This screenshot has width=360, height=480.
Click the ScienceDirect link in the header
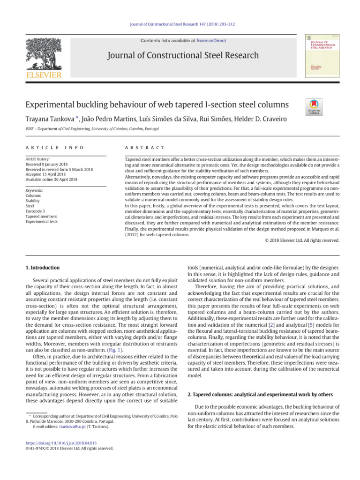click(x=211, y=41)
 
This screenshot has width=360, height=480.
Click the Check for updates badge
click(x=314, y=107)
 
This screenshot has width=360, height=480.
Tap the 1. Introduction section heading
click(x=43, y=268)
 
